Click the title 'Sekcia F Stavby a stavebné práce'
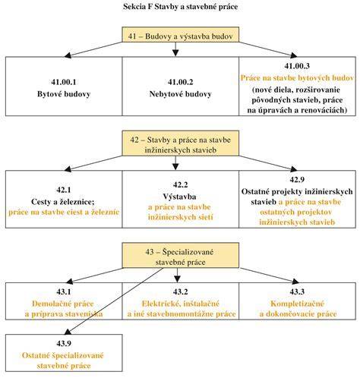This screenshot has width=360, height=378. (x=180, y=7)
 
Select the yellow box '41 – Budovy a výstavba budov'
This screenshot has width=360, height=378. (x=180, y=34)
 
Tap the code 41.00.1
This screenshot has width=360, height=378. (x=64, y=82)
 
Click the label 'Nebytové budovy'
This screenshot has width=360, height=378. (x=180, y=94)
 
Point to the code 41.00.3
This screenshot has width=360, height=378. (x=297, y=66)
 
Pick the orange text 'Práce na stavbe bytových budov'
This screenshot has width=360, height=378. (x=297, y=78)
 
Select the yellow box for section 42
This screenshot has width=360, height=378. (x=180, y=143)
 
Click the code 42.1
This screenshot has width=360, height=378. (x=64, y=190)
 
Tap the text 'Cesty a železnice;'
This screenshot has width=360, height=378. (x=63, y=202)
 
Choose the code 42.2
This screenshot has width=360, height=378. (x=180, y=184)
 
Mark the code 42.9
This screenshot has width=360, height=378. (x=297, y=179)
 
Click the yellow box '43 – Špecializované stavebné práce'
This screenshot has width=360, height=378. (x=180, y=255)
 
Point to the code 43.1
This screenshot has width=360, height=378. (x=64, y=291)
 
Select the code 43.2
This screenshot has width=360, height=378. (x=180, y=291)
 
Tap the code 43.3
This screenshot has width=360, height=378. (x=297, y=291)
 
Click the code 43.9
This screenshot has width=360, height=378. (x=64, y=343)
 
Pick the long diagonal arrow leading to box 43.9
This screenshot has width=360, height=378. (x=114, y=301)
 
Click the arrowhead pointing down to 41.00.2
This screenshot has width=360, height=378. (x=175, y=53)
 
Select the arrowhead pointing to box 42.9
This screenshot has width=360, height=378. (x=294, y=169)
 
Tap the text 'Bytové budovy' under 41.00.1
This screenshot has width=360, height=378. (x=64, y=94)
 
